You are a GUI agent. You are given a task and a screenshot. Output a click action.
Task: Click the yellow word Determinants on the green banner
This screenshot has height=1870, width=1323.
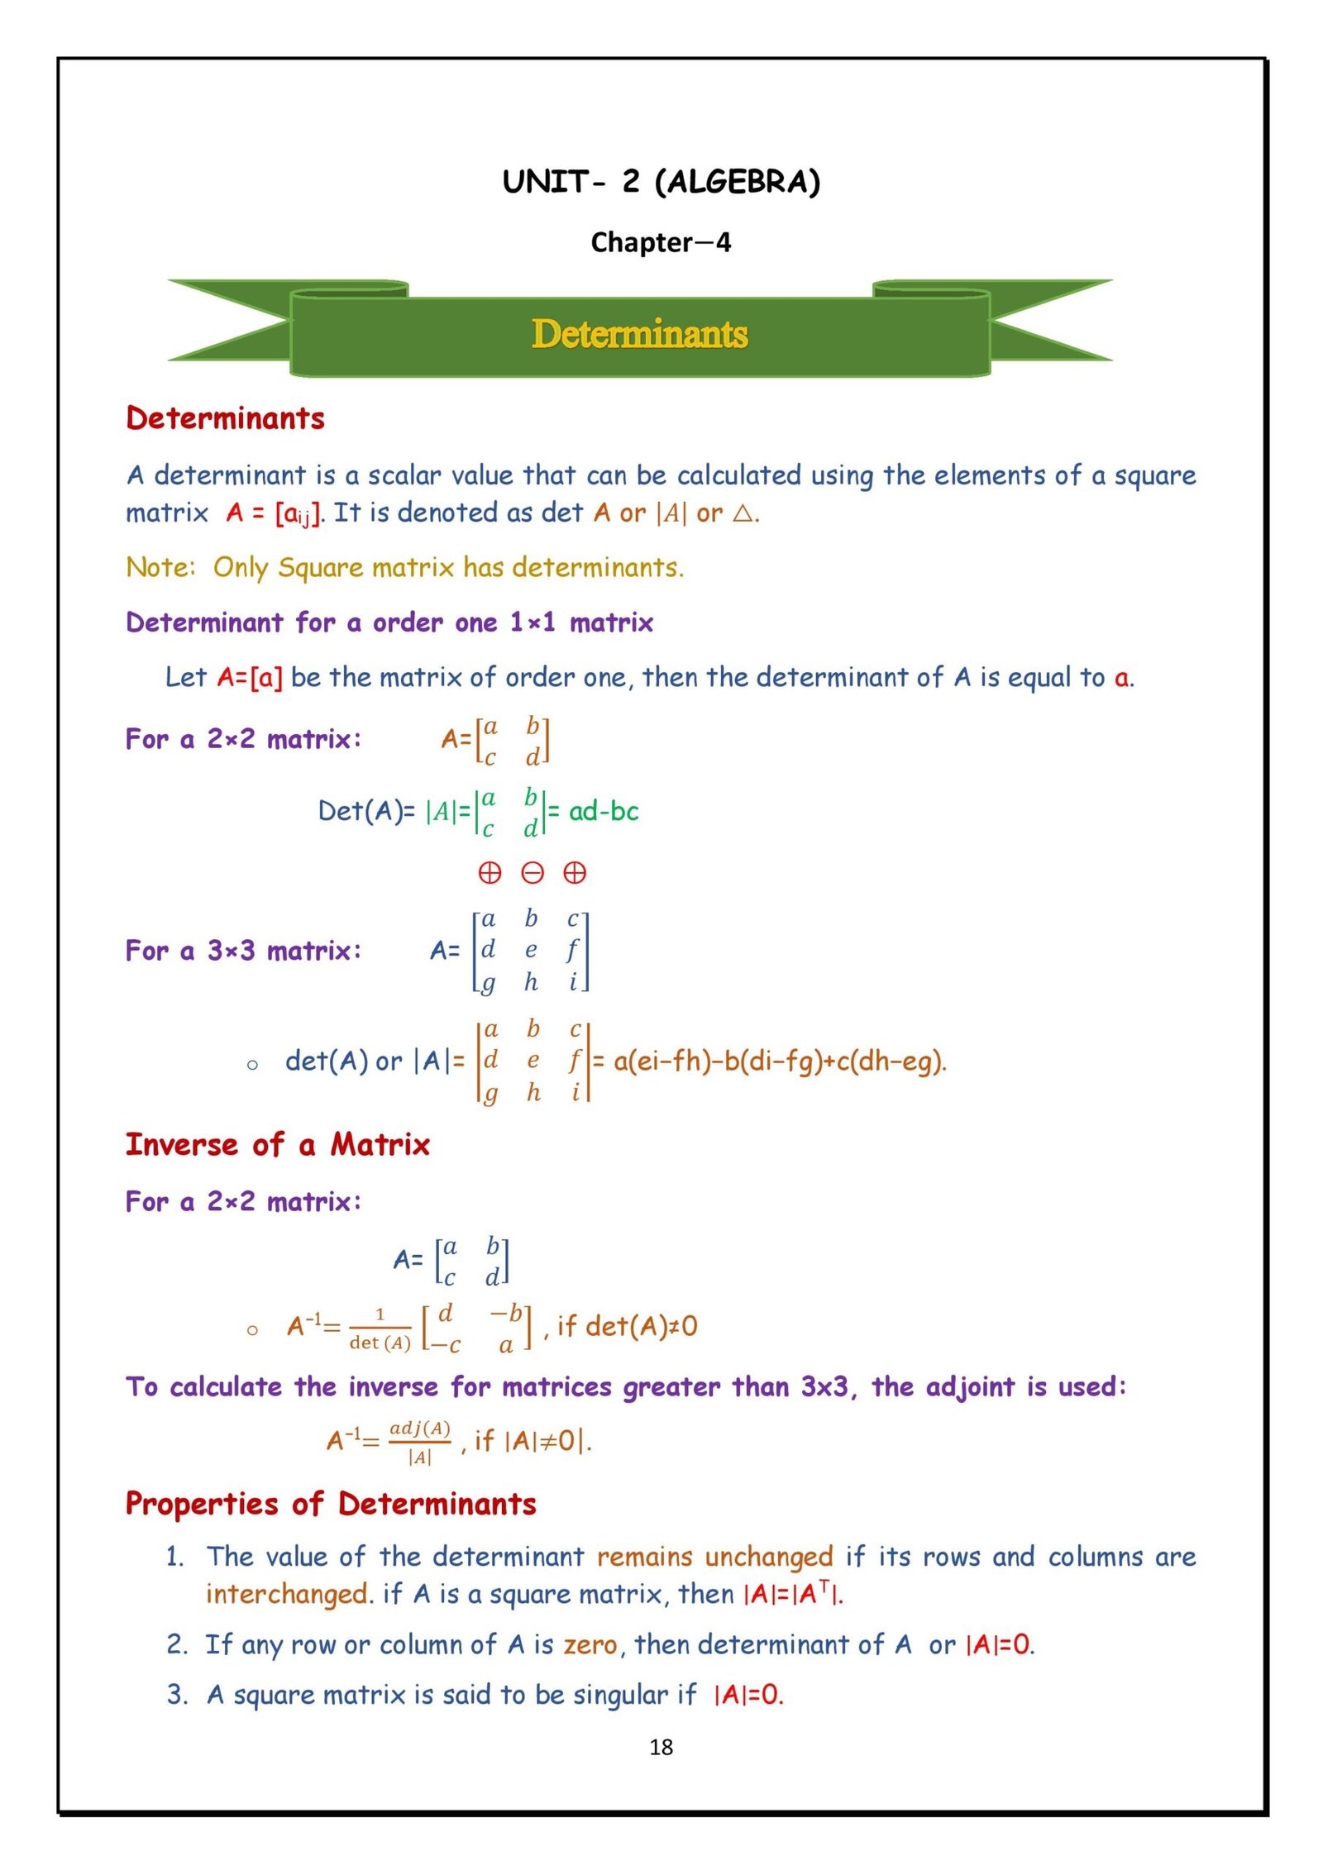click(639, 334)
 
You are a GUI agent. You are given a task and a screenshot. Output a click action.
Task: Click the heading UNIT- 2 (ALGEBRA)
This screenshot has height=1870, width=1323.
click(661, 181)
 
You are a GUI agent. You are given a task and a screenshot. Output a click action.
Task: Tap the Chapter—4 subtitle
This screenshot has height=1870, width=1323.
click(661, 242)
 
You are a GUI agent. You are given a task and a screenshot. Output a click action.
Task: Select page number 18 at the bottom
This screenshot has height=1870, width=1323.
click(661, 1747)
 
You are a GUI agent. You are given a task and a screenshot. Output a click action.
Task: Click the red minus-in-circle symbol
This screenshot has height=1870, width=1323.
click(533, 873)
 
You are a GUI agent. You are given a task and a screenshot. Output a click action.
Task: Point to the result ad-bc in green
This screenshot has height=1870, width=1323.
click(604, 811)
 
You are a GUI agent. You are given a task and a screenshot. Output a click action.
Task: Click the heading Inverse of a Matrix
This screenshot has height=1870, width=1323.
click(278, 1145)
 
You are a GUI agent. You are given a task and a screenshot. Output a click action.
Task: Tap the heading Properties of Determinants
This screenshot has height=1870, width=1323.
click(331, 1504)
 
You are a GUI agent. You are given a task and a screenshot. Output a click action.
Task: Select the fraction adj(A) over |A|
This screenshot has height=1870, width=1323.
click(419, 1442)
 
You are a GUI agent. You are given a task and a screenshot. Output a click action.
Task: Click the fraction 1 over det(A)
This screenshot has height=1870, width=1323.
click(380, 1328)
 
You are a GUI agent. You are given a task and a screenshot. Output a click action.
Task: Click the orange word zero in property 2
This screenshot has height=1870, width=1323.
click(590, 1644)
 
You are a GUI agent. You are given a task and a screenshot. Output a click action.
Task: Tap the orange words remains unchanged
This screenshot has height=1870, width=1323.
click(714, 1557)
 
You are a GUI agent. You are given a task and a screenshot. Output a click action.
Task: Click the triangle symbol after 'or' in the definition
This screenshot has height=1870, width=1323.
click(743, 513)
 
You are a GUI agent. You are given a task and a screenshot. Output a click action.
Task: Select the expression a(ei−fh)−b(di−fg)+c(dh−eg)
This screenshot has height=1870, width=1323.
click(780, 1061)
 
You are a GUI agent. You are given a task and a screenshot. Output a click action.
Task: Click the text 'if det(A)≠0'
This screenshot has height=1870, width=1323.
click(628, 1326)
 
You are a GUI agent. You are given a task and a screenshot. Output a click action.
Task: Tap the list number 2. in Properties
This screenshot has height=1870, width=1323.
click(177, 1644)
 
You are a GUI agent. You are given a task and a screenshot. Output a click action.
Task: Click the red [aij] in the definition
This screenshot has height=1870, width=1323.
click(297, 514)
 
